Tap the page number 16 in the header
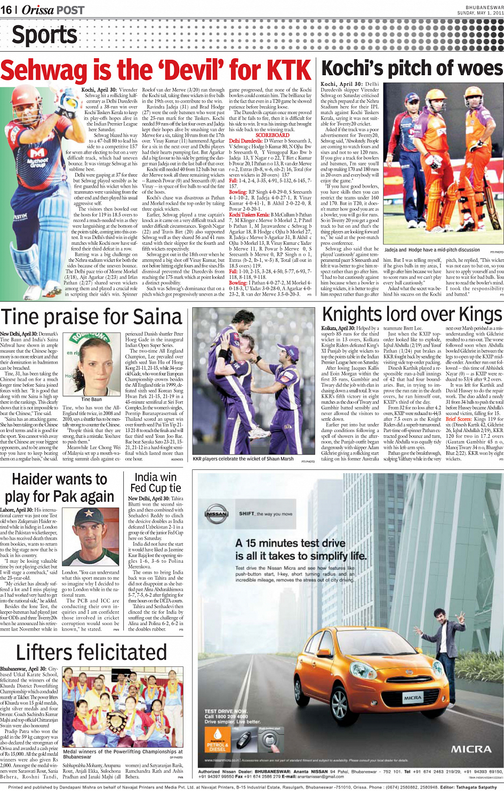(6, 10)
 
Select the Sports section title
(44, 35)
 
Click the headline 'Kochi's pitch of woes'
(412, 69)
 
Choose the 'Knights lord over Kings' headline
(412, 314)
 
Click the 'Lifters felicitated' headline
(91, 652)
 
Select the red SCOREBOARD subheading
(272, 135)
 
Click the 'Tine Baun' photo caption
(91, 399)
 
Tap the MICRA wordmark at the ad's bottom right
(471, 749)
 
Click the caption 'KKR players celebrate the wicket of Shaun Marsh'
(243, 459)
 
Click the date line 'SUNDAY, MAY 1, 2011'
(480, 13)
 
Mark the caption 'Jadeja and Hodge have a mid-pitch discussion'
(432, 250)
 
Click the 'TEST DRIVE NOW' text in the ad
(226, 711)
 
